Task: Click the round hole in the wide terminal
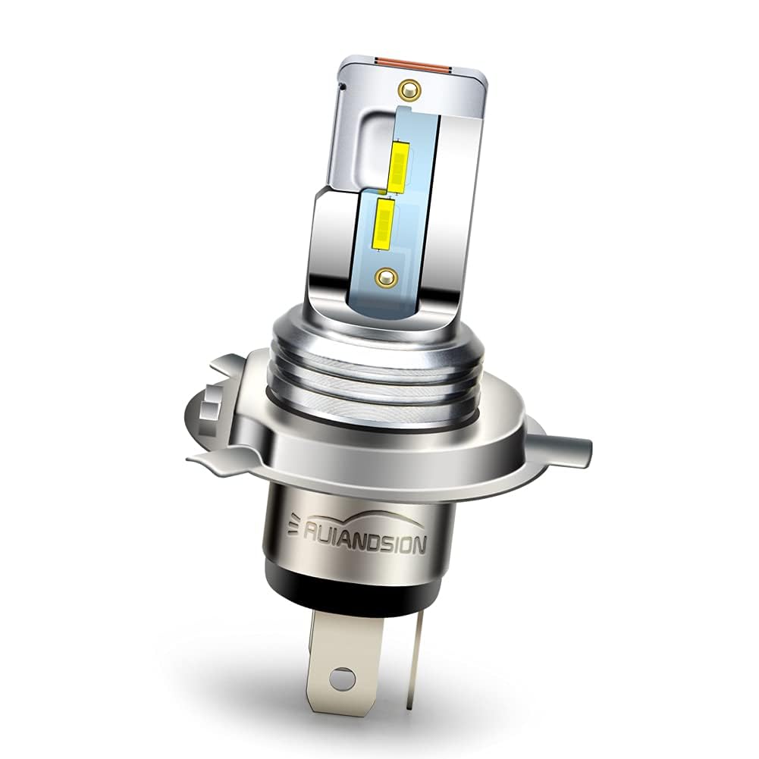[343, 673]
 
